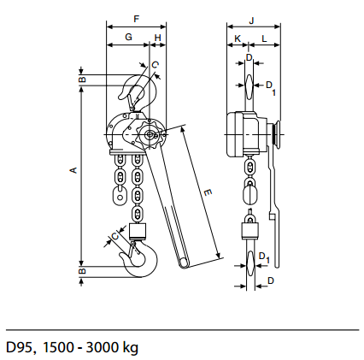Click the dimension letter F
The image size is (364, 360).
[137, 19]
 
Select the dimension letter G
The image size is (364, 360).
[129, 37]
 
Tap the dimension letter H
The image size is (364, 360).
[157, 38]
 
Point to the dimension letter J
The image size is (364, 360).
[251, 21]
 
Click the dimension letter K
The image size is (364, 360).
[238, 38]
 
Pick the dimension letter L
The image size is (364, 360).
[265, 38]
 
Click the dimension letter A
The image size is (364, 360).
[73, 170]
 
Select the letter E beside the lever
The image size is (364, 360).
[208, 192]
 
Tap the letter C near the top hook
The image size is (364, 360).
[155, 65]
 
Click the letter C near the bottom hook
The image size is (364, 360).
[114, 236]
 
